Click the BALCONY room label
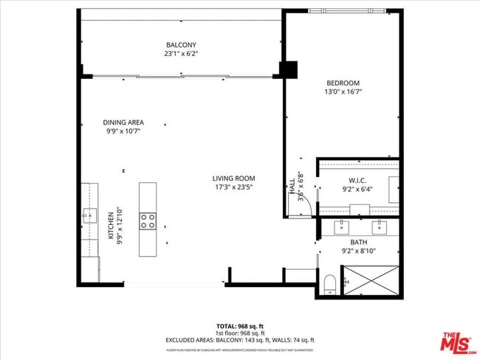point(181,44)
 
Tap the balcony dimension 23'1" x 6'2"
point(181,54)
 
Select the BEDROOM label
point(343,83)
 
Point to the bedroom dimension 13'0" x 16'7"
point(343,92)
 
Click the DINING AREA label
point(123,122)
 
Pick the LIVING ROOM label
point(233,178)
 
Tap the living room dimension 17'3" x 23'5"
point(233,187)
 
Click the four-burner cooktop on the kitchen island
point(148,220)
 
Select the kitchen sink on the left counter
point(90,215)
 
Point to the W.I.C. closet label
point(358,181)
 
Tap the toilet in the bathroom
point(330,283)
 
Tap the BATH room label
point(359,242)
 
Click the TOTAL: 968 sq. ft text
point(240,325)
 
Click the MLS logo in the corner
point(459,344)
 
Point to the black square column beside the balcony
point(287,69)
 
